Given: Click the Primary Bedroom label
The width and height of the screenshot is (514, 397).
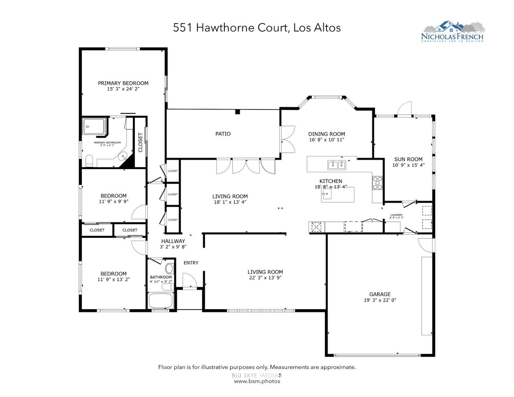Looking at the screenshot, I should click(123, 83).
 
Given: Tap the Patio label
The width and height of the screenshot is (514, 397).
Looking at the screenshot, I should click(223, 134).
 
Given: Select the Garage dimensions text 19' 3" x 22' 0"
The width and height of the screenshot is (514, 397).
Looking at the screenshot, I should click(380, 300).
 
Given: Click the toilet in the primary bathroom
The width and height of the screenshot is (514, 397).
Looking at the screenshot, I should click(89, 161).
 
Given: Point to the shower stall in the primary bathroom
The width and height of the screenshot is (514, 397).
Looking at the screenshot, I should click(95, 126).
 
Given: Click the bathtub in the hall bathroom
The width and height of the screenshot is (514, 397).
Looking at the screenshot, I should click(160, 301).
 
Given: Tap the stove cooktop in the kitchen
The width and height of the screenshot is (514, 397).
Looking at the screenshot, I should click(378, 183).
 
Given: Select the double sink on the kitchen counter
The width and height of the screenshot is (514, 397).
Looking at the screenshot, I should click(337, 165).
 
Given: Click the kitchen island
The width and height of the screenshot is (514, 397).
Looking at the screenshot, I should click(338, 194).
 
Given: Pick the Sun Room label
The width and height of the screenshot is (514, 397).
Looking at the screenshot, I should click(408, 159).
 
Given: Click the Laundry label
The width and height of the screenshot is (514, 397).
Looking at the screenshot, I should click(396, 215).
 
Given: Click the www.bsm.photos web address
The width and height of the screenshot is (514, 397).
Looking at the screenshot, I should click(257, 381).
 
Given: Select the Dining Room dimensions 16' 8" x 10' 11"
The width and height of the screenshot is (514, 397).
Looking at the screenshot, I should click(326, 140).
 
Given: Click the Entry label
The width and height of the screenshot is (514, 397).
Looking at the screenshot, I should click(191, 263).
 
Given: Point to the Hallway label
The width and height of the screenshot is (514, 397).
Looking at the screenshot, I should click(173, 241).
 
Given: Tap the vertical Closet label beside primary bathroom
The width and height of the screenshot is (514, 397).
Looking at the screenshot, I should click(140, 142).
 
